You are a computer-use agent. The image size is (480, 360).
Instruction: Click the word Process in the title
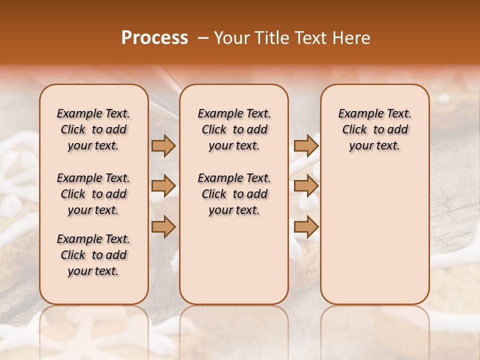(x=154, y=38)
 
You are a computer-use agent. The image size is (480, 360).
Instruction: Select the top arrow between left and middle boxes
(x=163, y=146)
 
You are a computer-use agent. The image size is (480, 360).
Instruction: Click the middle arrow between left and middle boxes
(x=163, y=186)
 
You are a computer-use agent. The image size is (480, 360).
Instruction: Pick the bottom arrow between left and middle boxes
(x=163, y=227)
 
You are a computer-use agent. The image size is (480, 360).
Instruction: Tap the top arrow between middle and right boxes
(x=306, y=146)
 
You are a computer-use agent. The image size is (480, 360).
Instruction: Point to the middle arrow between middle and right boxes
(x=306, y=186)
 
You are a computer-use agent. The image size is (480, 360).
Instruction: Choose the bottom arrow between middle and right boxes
(x=306, y=227)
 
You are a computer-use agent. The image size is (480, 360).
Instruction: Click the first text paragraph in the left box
(x=93, y=129)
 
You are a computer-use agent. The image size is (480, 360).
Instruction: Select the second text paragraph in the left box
(x=93, y=194)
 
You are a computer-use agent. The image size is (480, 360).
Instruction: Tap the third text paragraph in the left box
(x=93, y=255)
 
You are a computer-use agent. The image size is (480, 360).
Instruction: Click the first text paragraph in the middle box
(x=234, y=129)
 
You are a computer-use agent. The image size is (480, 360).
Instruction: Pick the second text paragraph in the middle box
(x=234, y=194)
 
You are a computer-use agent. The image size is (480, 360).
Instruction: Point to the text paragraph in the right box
(x=375, y=129)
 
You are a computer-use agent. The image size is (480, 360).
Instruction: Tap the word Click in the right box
(x=354, y=130)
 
